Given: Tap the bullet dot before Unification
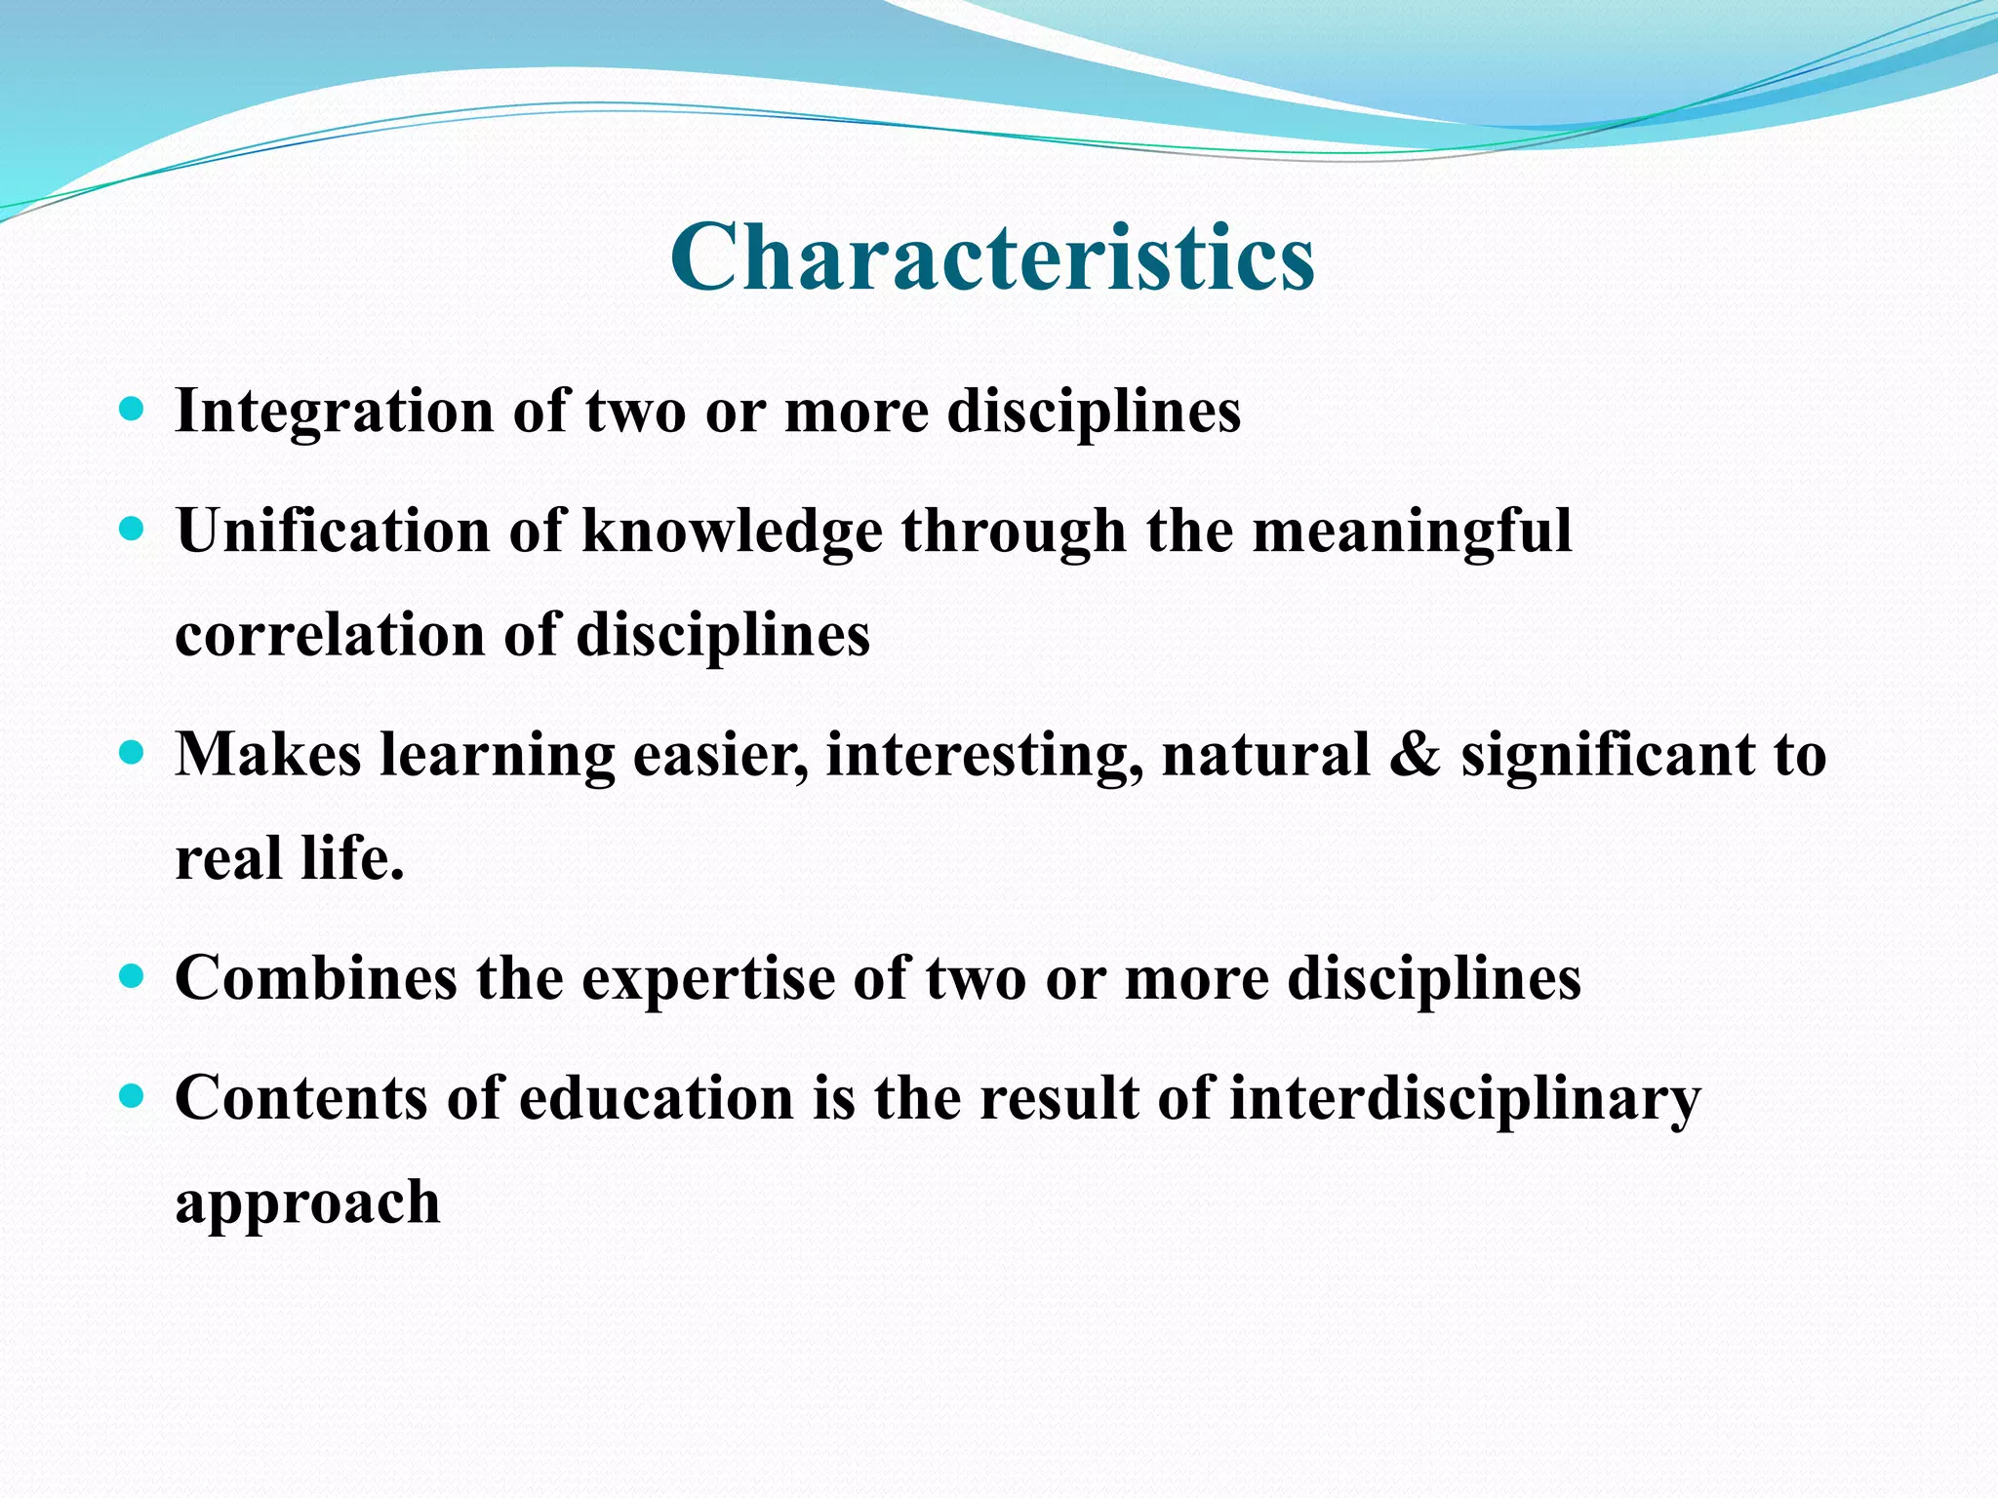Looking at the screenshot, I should pos(131,529).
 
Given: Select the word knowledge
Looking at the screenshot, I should pos(732,532).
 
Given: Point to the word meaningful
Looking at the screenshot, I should pos(1411,532).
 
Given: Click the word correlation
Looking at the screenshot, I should pos(329,635).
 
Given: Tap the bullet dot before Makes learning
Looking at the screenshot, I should pos(131,753).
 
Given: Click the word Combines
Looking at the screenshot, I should pos(315,977).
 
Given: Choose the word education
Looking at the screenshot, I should pos(656,1098).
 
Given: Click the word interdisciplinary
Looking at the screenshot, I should pos(1463,1100).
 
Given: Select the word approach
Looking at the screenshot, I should pos(307,1203).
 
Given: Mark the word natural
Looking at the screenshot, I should pos(1265,755).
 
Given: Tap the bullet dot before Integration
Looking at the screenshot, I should pos(131,408).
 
